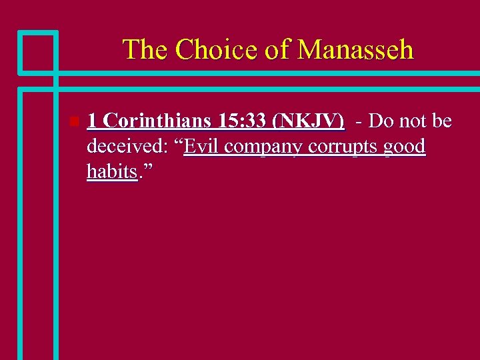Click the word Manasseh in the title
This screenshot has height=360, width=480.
(356, 50)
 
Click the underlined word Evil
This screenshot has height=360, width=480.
(201, 147)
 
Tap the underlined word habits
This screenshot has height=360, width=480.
(112, 172)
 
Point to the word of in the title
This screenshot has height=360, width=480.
(277, 50)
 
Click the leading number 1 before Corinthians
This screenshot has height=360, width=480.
(93, 121)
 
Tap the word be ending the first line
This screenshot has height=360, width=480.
(441, 121)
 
